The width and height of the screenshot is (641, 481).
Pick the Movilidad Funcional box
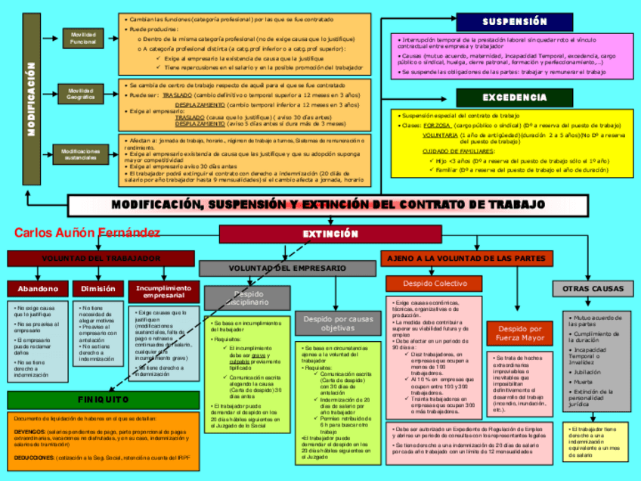[x=83, y=38]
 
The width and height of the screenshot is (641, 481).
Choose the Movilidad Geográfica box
[x=81, y=94]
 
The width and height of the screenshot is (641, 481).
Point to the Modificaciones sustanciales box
[x=81, y=154]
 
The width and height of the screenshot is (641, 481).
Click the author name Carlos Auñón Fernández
[x=87, y=233]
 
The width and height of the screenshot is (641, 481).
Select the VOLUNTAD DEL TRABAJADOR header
[x=95, y=259]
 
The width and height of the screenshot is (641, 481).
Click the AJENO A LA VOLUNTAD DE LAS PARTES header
[x=466, y=259]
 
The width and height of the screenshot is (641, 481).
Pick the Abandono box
[x=38, y=289]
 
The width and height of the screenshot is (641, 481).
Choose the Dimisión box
[x=98, y=289]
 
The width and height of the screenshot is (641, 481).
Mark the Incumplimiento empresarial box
[x=163, y=292]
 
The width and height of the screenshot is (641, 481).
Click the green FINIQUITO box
[x=103, y=399]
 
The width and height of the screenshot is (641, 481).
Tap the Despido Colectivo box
[x=434, y=284]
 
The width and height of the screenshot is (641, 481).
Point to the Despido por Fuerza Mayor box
[x=520, y=334]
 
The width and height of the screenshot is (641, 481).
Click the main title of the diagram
[x=328, y=206]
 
